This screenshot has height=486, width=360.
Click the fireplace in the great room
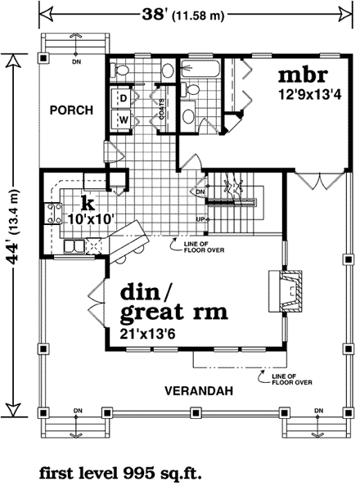(x=287, y=294)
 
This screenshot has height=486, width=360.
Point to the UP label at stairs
(x=200, y=219)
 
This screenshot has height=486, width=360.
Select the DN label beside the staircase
(x=200, y=191)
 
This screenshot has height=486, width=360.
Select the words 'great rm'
(x=173, y=313)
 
